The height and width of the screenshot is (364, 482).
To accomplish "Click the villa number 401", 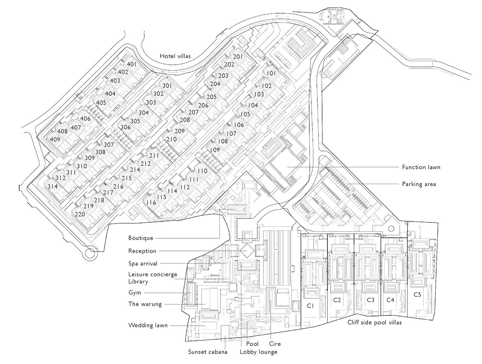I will point(132,64).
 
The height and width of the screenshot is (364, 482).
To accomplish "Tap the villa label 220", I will point(80,214).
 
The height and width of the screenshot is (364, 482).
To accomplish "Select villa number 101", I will point(272,73).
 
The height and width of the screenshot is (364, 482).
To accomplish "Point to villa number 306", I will point(125,127).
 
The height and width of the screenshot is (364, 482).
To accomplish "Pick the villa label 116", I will point(151,203).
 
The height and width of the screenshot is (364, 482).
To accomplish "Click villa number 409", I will point(55,139).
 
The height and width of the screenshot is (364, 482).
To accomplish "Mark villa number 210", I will point(171,139).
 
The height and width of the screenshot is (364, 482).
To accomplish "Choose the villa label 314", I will point(53,187).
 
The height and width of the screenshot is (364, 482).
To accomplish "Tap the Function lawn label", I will point(421,167).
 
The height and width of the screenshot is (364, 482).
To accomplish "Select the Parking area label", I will point(419,184).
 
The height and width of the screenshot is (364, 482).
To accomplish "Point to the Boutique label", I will point(141,238).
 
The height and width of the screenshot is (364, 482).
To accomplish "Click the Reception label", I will point(142,251).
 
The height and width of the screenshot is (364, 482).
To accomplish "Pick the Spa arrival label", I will point(143,264).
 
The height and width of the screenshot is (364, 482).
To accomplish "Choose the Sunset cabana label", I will point(208,352).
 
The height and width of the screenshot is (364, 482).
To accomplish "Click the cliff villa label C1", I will point(310,305).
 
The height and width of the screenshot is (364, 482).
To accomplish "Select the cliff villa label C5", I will point(417,294).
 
